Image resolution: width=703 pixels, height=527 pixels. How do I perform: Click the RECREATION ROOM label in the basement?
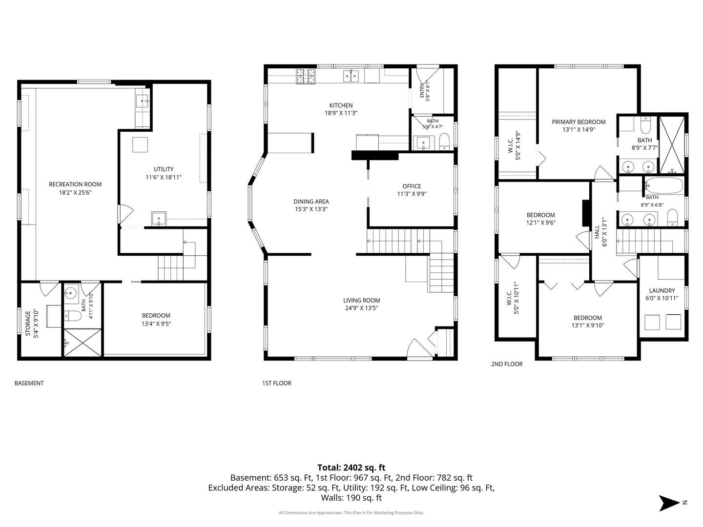click(x=75, y=184)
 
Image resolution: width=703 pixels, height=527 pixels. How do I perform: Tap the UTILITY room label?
click(x=164, y=169)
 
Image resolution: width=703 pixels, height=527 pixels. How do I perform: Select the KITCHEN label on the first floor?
click(x=341, y=105)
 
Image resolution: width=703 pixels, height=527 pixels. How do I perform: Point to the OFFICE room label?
click(x=412, y=186)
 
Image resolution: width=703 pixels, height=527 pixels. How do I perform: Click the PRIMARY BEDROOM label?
click(x=579, y=122)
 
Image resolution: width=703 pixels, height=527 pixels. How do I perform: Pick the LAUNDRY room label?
click(x=662, y=290)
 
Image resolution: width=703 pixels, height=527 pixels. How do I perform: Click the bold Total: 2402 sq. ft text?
click(x=351, y=467)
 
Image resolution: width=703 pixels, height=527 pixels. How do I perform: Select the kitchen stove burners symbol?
click(x=306, y=76)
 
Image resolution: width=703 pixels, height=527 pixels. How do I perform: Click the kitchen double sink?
click(x=351, y=76)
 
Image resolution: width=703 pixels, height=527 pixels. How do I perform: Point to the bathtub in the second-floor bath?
click(x=664, y=185)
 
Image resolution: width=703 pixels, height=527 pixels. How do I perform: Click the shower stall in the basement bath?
click(x=83, y=342)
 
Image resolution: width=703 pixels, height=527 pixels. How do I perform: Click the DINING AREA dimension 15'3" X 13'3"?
click(x=311, y=209)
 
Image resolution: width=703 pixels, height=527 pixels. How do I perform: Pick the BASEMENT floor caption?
click(x=29, y=383)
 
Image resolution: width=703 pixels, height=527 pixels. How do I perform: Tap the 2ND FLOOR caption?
click(x=507, y=364)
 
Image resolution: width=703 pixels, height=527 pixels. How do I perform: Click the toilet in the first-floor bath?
click(x=444, y=142)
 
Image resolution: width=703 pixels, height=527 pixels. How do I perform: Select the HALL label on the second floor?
click(x=597, y=232)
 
